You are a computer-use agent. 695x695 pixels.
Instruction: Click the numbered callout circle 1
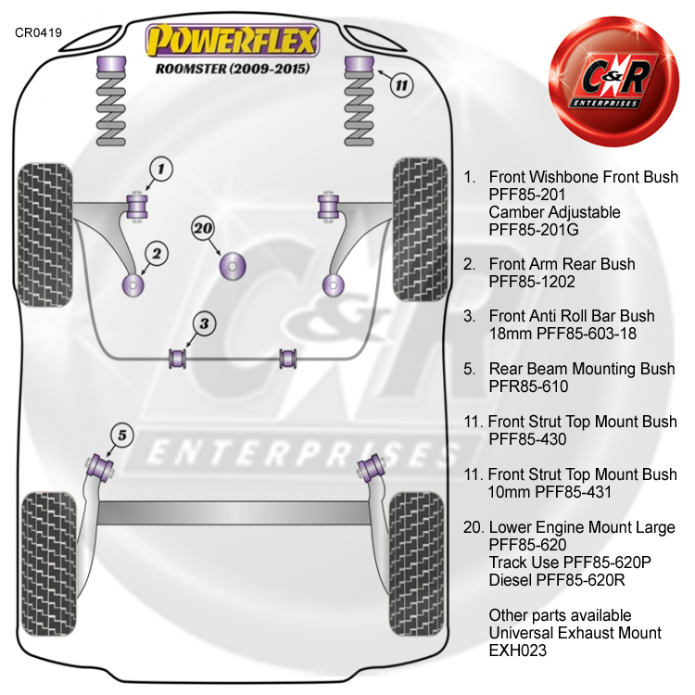[x=160, y=169]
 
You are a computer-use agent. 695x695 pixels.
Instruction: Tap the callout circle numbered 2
[x=156, y=253]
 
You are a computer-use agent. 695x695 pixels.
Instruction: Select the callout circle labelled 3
[x=205, y=323]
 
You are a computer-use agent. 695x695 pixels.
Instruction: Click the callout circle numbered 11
[x=399, y=86]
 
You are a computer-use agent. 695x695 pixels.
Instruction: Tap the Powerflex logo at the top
[x=234, y=40]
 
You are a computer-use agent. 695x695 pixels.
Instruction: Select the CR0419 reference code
[x=38, y=32]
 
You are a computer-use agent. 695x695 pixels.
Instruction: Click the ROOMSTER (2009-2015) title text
[x=233, y=69]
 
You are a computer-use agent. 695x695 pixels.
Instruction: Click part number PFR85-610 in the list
[x=528, y=386]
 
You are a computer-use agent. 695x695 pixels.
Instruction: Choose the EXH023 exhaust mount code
[x=519, y=651]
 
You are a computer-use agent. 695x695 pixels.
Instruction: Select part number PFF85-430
[x=527, y=439]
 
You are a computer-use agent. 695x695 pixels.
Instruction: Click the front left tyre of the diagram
[x=49, y=230]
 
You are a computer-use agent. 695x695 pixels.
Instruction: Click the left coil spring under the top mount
[x=111, y=107]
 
